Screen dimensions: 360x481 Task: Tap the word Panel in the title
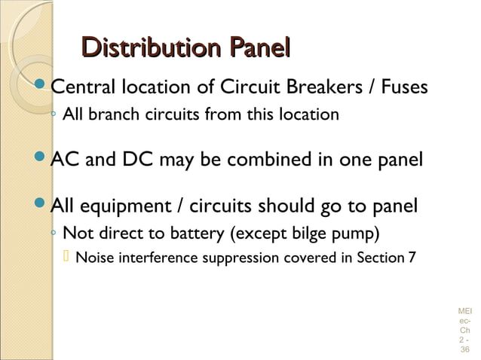pyautogui.click(x=250, y=50)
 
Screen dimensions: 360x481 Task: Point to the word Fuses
pyautogui.click(x=404, y=90)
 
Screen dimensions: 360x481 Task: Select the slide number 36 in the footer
pyautogui.click(x=464, y=349)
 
